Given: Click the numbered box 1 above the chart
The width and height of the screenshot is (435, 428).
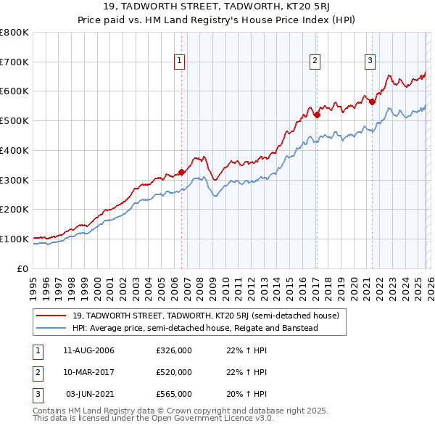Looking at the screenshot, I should click(178, 62).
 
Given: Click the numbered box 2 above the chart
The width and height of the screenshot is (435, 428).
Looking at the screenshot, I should click(315, 62).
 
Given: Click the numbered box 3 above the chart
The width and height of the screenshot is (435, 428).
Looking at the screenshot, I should click(370, 62).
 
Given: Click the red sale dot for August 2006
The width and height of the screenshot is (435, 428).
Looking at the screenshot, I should click(181, 172).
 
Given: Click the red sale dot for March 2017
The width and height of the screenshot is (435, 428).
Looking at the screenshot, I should click(317, 115).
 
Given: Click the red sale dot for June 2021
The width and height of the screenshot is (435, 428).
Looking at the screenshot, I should click(372, 102).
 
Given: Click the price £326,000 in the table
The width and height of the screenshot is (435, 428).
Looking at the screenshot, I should click(174, 350).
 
